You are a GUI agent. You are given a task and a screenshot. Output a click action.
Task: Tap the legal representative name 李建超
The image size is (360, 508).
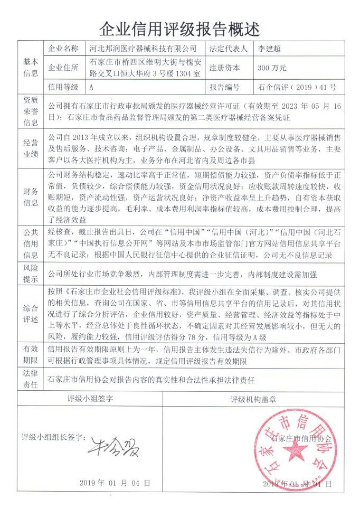270,48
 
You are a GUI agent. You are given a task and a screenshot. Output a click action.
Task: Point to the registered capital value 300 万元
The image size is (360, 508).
272,68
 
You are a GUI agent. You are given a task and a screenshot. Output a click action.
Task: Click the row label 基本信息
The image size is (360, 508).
31,68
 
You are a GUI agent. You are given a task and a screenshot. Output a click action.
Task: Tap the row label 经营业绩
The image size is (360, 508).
31,147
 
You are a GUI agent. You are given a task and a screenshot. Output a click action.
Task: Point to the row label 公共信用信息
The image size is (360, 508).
31,243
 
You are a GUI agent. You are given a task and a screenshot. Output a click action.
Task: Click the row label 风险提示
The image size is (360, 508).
31,275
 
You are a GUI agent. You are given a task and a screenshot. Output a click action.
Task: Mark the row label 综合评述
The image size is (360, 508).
31,313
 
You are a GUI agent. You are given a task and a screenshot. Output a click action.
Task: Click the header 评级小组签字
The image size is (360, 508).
91,399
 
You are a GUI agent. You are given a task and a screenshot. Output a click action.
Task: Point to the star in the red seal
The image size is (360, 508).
295,451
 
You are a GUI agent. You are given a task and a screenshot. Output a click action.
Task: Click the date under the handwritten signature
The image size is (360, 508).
116,483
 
